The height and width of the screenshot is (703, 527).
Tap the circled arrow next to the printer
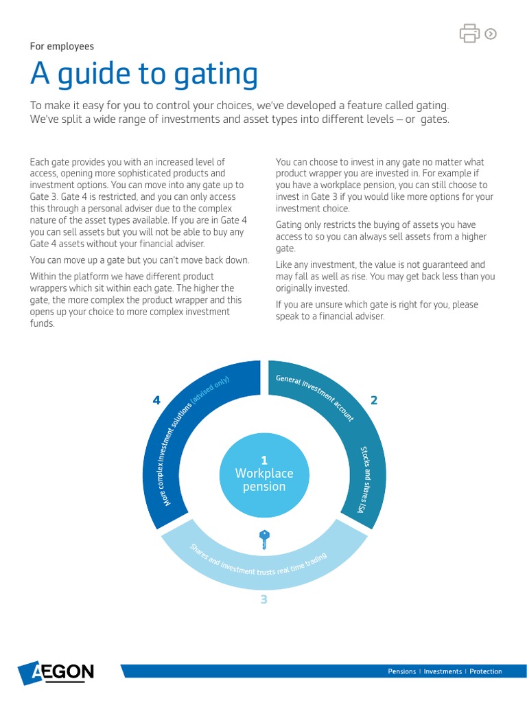(491, 33)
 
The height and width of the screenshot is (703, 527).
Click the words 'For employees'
(62, 47)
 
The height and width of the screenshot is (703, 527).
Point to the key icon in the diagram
(263, 539)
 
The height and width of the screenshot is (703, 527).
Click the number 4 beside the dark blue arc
(156, 401)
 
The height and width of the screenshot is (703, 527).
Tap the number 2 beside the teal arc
(374, 400)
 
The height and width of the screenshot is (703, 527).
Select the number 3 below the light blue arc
(263, 600)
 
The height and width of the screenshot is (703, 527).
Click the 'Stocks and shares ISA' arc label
(364, 479)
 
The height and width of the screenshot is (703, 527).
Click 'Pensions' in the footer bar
(402, 671)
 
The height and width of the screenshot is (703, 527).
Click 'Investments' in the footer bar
(443, 671)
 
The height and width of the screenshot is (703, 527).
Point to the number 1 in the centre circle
(264, 460)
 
